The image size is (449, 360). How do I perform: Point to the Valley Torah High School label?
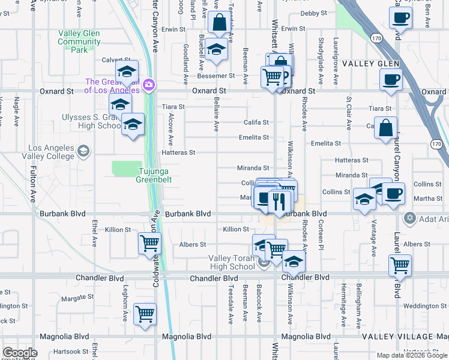pos(232,262)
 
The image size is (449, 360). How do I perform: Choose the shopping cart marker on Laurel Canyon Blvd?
pos(399,265)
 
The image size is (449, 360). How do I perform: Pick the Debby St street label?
pos(313,13)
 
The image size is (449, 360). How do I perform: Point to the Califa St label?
pos(256,122)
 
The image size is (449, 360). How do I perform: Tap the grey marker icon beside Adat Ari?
pos(410,218)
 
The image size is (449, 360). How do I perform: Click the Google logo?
pos(20,353)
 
